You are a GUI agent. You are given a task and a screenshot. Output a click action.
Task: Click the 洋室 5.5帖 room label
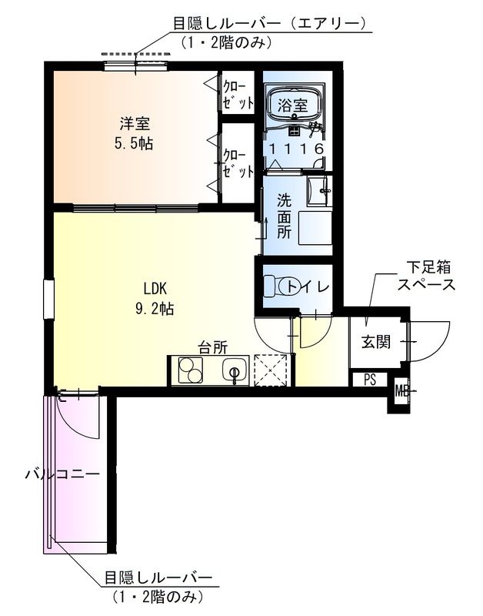point(134,132)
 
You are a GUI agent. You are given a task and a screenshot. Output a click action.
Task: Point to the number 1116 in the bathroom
point(296,148)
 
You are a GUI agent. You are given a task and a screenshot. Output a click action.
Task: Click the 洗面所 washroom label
point(285,216)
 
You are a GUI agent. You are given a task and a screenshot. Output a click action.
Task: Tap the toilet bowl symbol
point(272,286)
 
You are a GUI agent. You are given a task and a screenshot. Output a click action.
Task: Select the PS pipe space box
point(370,379)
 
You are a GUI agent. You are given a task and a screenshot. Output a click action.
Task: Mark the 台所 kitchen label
point(213,347)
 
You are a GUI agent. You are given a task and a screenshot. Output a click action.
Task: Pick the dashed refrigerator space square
point(270,370)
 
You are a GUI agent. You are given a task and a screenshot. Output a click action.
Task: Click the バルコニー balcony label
point(62,474)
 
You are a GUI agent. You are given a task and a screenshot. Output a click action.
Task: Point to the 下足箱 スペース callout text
point(425,276)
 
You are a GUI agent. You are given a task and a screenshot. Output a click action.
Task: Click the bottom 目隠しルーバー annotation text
point(159,577)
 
